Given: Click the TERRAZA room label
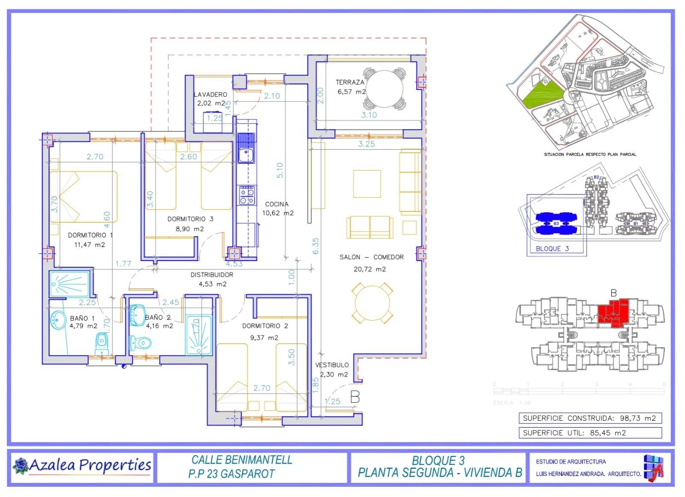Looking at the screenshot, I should tap(350, 82).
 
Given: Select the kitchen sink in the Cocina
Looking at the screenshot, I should tap(246, 148).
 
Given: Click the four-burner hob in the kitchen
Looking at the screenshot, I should tap(247, 195).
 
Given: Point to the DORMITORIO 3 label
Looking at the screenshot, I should tap(190, 219).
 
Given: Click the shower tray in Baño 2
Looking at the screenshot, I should tap(198, 335).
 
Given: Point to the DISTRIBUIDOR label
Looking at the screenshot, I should tap(212, 275).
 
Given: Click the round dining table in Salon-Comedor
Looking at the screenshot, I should tap(372, 303).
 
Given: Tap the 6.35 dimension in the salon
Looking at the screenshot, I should tap(316, 246).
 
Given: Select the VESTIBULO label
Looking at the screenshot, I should tap(332, 365).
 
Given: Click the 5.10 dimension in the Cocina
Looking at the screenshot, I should tap(280, 170).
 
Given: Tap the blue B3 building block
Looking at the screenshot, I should tap(556, 223).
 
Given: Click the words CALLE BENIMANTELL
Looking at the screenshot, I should tap(242, 460).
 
